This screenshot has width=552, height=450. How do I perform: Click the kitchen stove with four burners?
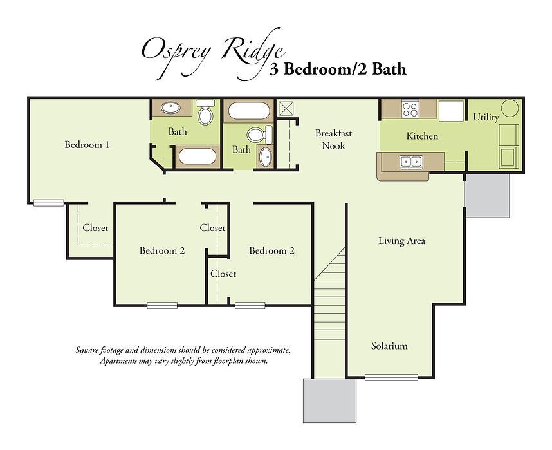[x=410, y=108]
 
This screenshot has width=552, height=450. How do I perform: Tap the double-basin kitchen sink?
[x=411, y=162]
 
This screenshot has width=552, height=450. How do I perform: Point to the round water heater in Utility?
[x=510, y=108]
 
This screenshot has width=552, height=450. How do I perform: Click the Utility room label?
[x=486, y=118]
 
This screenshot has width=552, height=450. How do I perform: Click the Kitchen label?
[x=422, y=136]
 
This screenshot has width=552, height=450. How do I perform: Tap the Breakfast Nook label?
[x=333, y=140]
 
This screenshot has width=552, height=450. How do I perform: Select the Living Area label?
[x=401, y=241]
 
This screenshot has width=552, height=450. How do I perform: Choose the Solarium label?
[x=389, y=346]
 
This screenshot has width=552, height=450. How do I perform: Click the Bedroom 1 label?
[x=87, y=145]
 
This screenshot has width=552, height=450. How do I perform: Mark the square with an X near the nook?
[x=285, y=108]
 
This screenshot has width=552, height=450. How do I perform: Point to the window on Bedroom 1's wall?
[x=48, y=203]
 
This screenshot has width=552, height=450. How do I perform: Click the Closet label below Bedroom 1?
[x=95, y=229]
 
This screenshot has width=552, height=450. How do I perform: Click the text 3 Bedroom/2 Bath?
[x=338, y=69]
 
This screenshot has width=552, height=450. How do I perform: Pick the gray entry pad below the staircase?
[x=329, y=400]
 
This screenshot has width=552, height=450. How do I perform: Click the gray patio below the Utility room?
[x=487, y=194]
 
